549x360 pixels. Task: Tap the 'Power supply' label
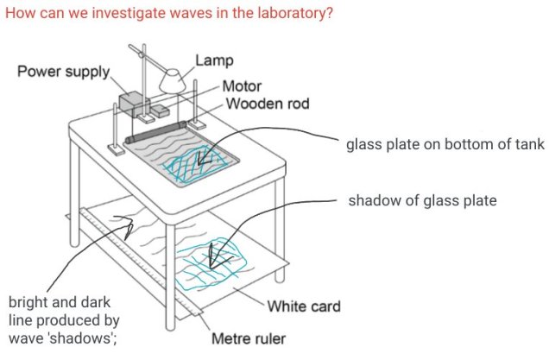(x=63, y=71)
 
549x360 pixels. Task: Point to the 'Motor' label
(x=242, y=87)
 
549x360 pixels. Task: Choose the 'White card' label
(x=304, y=306)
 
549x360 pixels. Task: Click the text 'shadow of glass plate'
(x=423, y=201)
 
